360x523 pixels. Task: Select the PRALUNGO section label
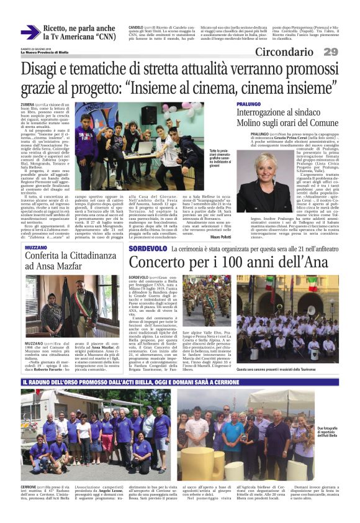(x=248, y=104)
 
